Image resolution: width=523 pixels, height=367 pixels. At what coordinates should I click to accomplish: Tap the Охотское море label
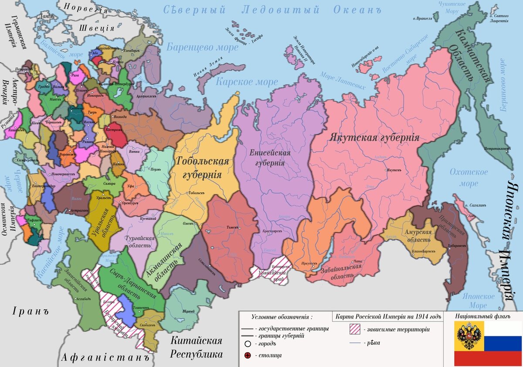tap(469, 178)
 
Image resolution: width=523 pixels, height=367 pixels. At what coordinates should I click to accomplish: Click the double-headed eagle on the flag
tap(469, 336)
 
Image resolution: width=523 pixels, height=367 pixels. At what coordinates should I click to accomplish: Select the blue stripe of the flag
tap(503, 343)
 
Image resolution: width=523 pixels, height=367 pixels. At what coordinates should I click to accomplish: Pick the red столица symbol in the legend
tap(248, 355)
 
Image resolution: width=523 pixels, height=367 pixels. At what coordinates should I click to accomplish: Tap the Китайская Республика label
tap(196, 347)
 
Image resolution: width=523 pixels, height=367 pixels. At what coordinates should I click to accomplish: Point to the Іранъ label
tap(29, 312)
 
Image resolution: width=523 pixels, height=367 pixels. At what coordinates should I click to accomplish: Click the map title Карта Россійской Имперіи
tap(387, 316)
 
